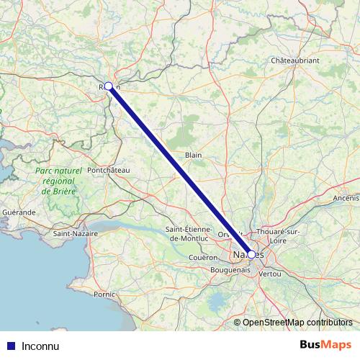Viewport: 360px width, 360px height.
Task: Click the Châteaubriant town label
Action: click(294, 60)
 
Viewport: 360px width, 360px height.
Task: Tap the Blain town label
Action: click(193, 154)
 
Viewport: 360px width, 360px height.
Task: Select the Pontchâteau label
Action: click(107, 169)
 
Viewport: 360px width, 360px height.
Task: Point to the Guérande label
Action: click(19, 212)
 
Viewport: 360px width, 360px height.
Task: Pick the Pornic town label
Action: click(104, 294)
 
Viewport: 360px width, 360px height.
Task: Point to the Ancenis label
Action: click(346, 197)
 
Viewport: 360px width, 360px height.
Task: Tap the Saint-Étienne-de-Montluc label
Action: click(188, 233)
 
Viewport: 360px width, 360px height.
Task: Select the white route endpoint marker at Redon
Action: click(109, 86)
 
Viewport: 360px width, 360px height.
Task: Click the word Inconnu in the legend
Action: click(40, 346)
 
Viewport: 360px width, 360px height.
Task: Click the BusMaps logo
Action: click(325, 345)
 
